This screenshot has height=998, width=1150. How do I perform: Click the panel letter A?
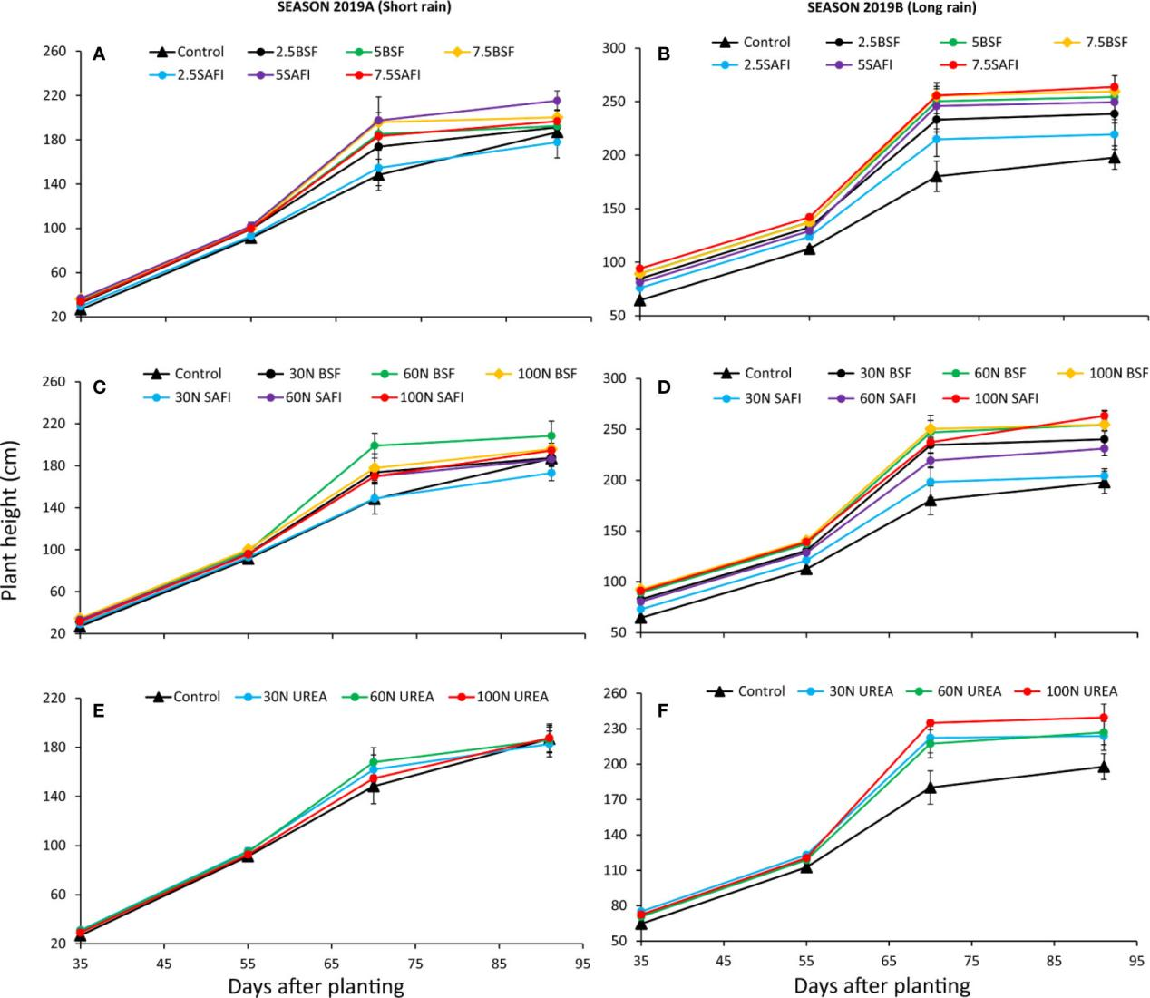(99, 56)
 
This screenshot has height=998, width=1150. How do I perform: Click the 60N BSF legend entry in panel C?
(425, 374)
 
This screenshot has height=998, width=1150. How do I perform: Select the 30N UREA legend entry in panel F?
(860, 691)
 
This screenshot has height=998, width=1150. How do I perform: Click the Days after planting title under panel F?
(882, 985)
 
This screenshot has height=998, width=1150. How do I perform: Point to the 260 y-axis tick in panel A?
(54, 51)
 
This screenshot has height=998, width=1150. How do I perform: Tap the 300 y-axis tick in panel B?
(618, 48)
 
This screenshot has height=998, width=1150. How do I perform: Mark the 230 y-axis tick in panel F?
(618, 729)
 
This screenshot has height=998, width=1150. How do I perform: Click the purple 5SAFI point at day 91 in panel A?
(557, 101)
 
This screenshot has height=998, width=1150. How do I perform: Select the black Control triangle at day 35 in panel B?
(640, 300)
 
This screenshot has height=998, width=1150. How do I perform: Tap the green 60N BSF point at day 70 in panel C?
(374, 445)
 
